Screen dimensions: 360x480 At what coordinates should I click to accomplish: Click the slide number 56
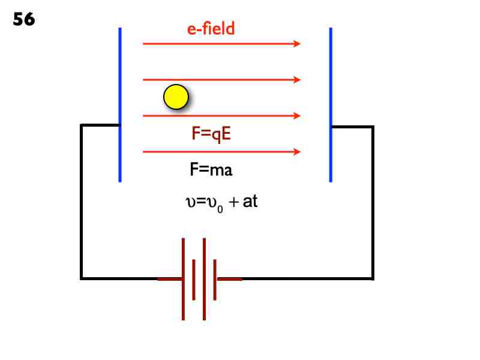(x=24, y=19)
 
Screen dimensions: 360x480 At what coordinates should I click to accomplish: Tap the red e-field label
(x=211, y=29)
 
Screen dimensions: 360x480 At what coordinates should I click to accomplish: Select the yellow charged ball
(x=176, y=97)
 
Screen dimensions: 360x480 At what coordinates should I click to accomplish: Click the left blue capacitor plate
(x=120, y=104)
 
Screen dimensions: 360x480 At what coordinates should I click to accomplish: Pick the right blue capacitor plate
(x=331, y=104)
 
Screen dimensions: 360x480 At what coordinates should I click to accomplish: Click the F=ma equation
(x=211, y=170)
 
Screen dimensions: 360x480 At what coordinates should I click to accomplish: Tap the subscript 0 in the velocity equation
(x=220, y=207)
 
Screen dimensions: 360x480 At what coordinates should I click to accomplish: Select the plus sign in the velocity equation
(x=233, y=203)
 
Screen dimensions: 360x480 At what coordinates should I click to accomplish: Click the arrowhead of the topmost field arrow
(x=296, y=44)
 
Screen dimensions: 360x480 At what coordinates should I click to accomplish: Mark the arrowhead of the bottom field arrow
(x=296, y=152)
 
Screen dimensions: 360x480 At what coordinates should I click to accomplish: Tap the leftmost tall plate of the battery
(x=184, y=279)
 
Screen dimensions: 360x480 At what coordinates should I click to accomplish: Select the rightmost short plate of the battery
(x=215, y=279)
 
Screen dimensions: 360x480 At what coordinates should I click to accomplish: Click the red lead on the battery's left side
(x=169, y=279)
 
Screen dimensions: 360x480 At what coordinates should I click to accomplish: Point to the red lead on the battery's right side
(x=229, y=279)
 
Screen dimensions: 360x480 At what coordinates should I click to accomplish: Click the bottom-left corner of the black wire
(x=82, y=278)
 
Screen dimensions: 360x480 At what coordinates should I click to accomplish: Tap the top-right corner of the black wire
(x=373, y=127)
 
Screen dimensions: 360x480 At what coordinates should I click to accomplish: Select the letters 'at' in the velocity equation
(x=250, y=202)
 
